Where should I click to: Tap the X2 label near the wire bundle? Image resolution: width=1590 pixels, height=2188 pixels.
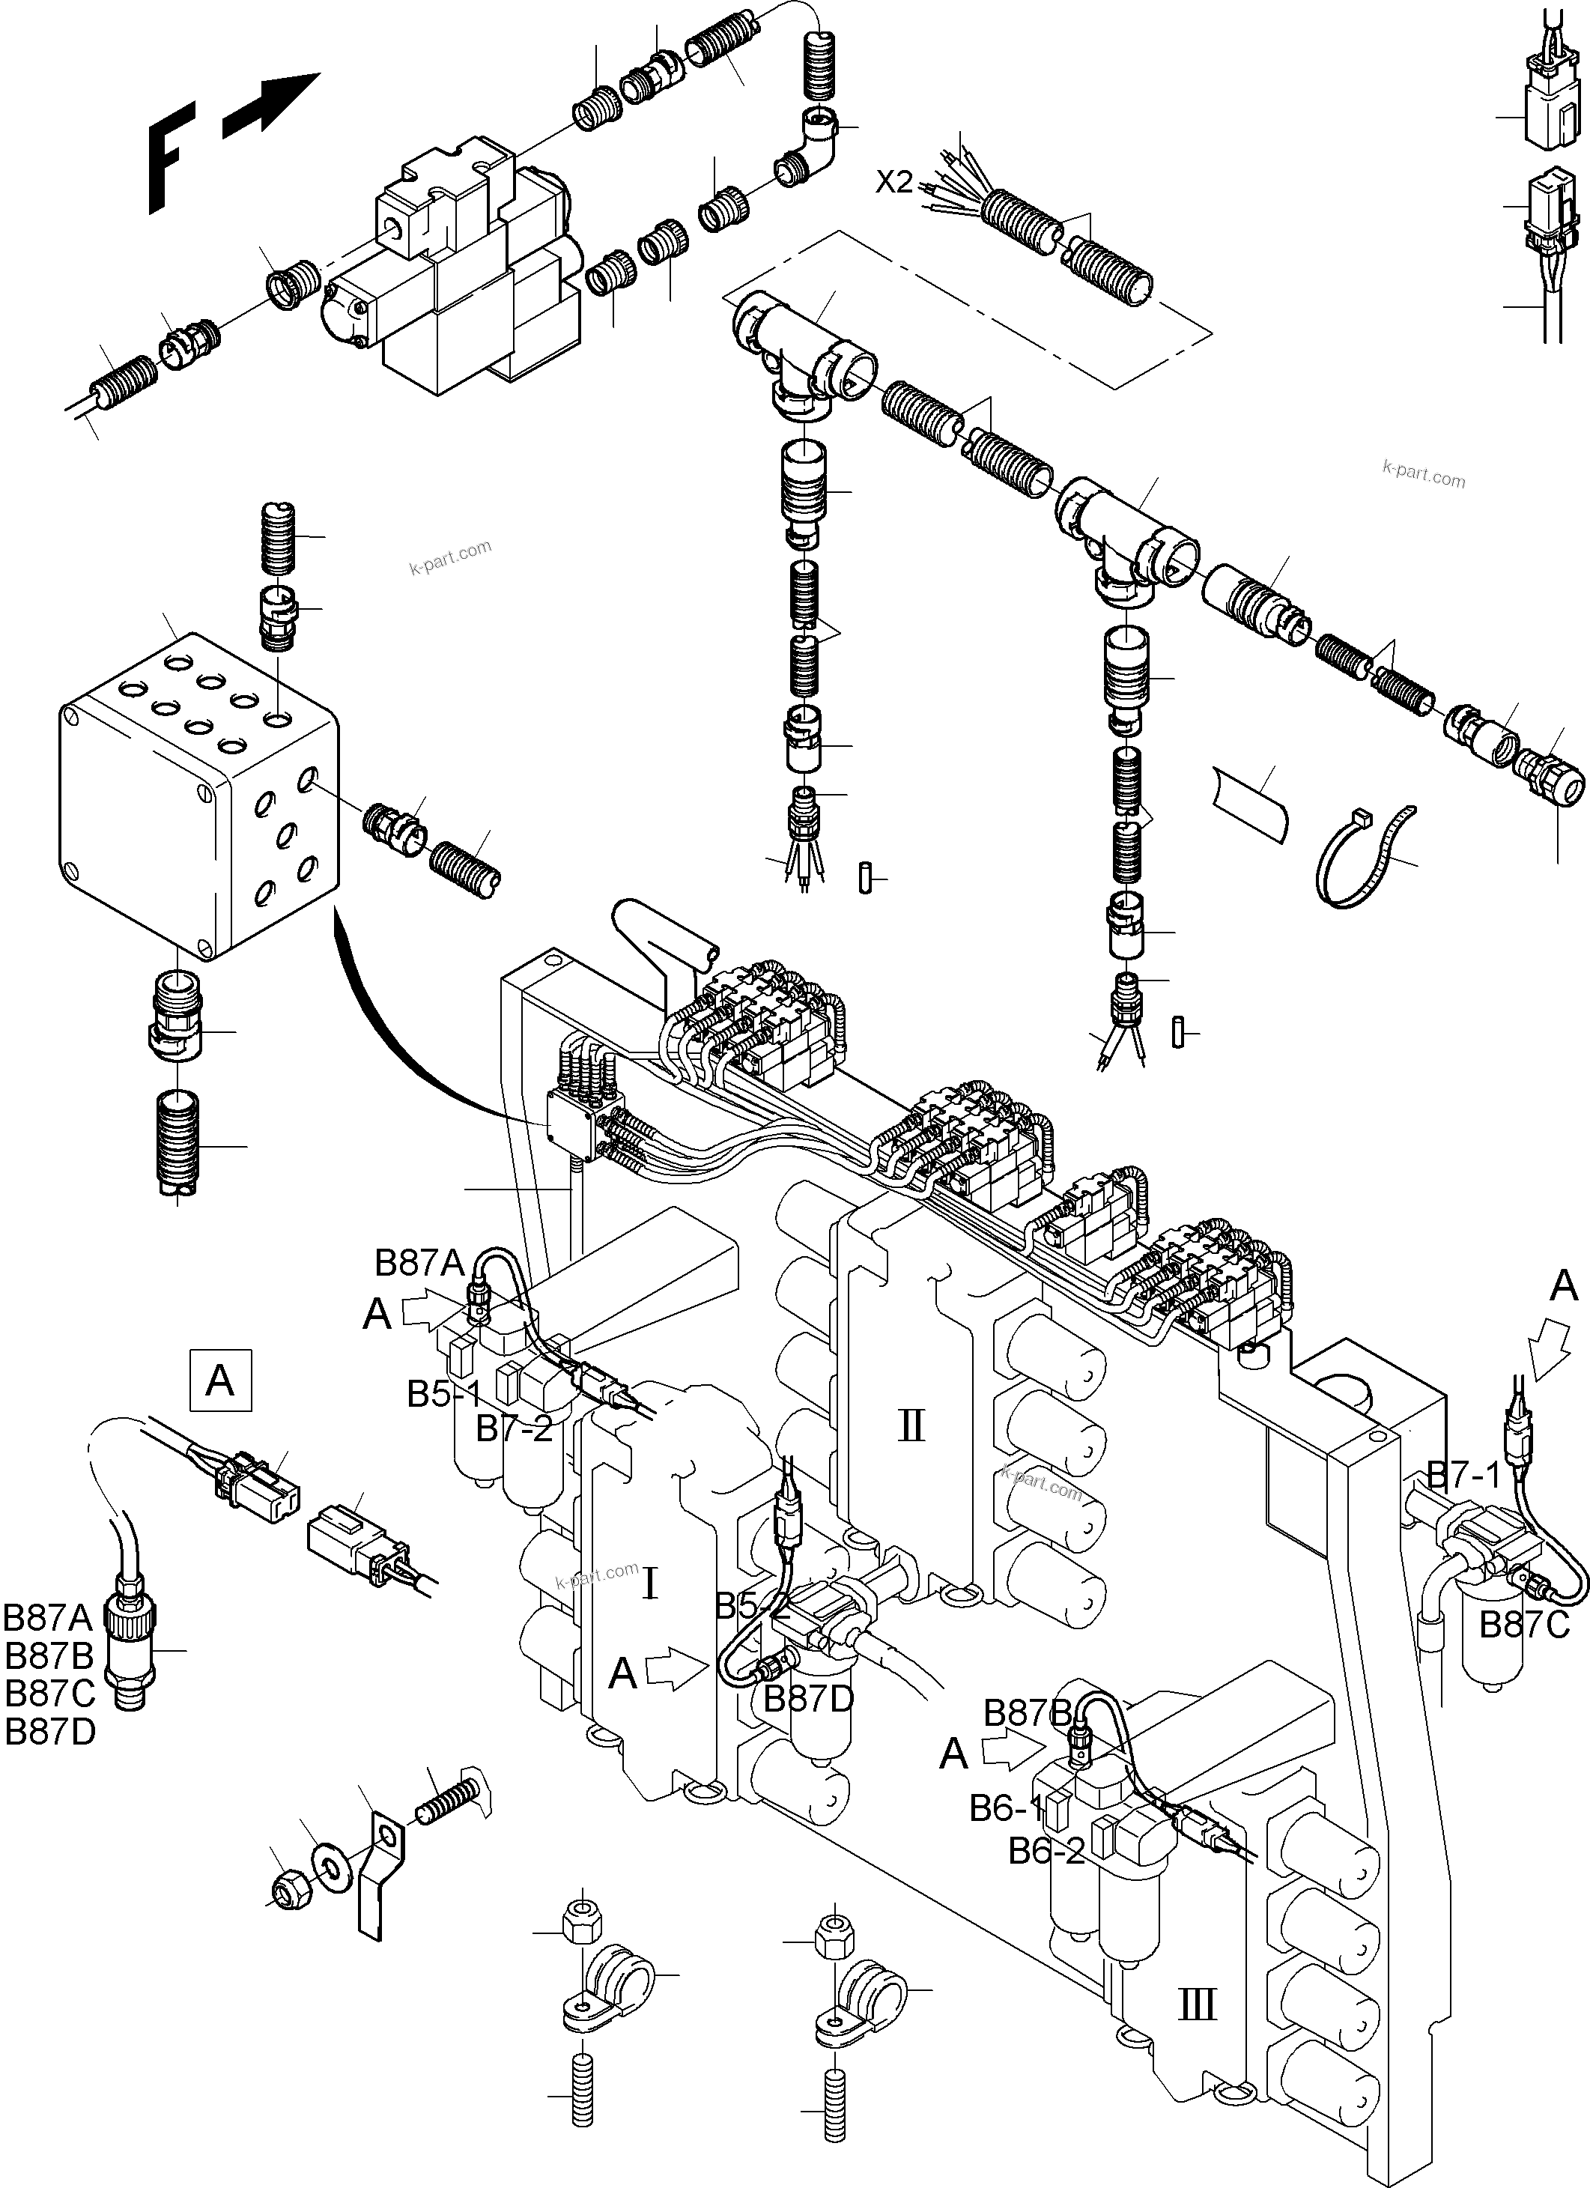pyautogui.click(x=893, y=181)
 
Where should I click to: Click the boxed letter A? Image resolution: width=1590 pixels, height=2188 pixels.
pyautogui.click(x=220, y=1381)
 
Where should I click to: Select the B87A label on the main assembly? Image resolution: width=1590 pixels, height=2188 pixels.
pyautogui.click(x=419, y=1263)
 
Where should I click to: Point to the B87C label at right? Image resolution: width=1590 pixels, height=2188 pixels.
pyautogui.click(x=1524, y=1625)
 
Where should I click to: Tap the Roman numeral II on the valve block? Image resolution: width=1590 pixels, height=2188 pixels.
pyautogui.click(x=911, y=1424)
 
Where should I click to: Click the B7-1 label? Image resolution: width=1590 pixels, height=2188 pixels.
pyautogui.click(x=1463, y=1475)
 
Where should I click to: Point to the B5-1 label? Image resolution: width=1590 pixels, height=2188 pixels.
pyautogui.click(x=444, y=1393)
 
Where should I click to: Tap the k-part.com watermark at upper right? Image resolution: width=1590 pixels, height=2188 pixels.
pyautogui.click(x=1423, y=475)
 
